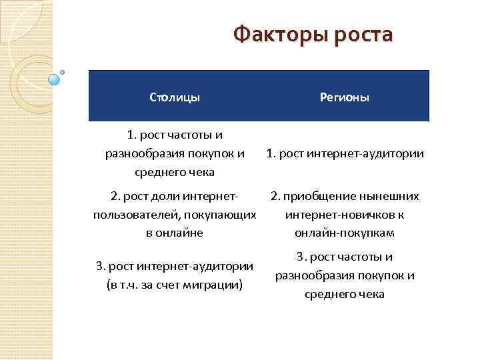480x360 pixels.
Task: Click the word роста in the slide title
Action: point(361,34)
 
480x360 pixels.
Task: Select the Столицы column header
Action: point(175,98)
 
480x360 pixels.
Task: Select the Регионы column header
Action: point(345,98)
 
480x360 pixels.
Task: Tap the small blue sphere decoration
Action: point(55,79)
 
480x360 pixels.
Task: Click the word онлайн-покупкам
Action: point(345,233)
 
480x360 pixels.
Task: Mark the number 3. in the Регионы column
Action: point(301,257)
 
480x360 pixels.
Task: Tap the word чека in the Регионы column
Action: point(371,294)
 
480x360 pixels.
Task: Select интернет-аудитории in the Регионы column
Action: point(375,154)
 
